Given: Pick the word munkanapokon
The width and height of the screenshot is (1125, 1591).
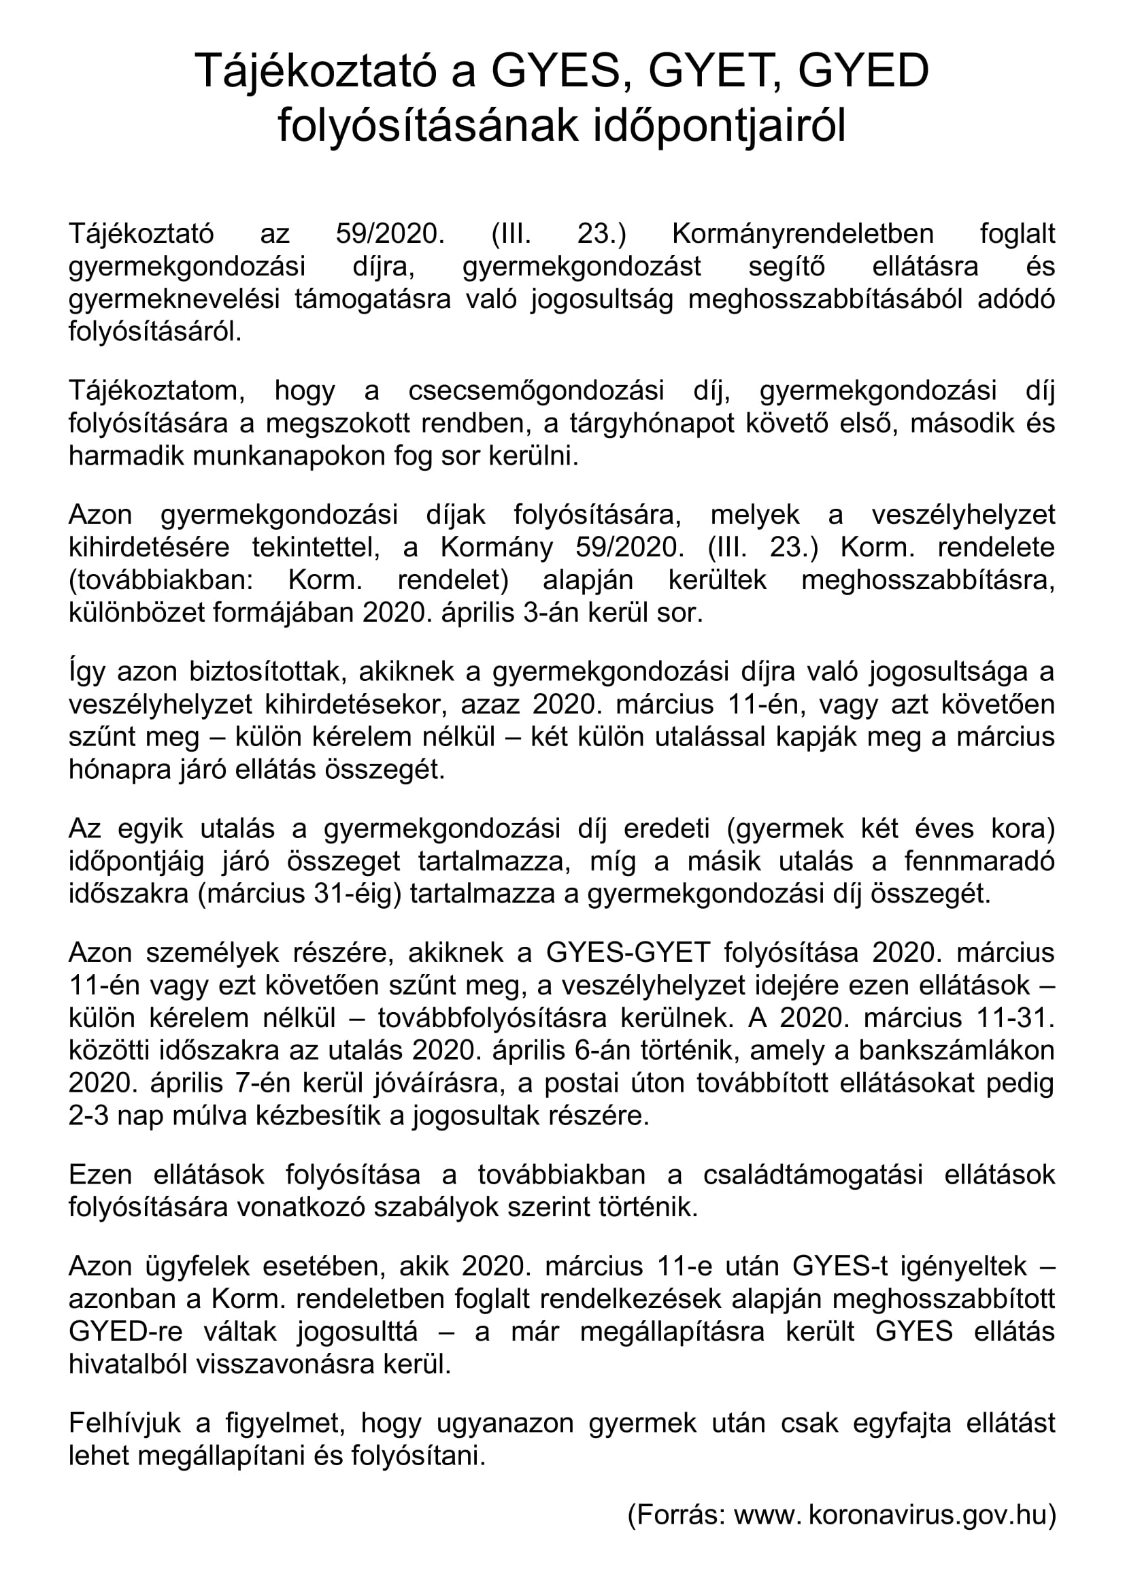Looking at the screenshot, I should pos(245,456).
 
